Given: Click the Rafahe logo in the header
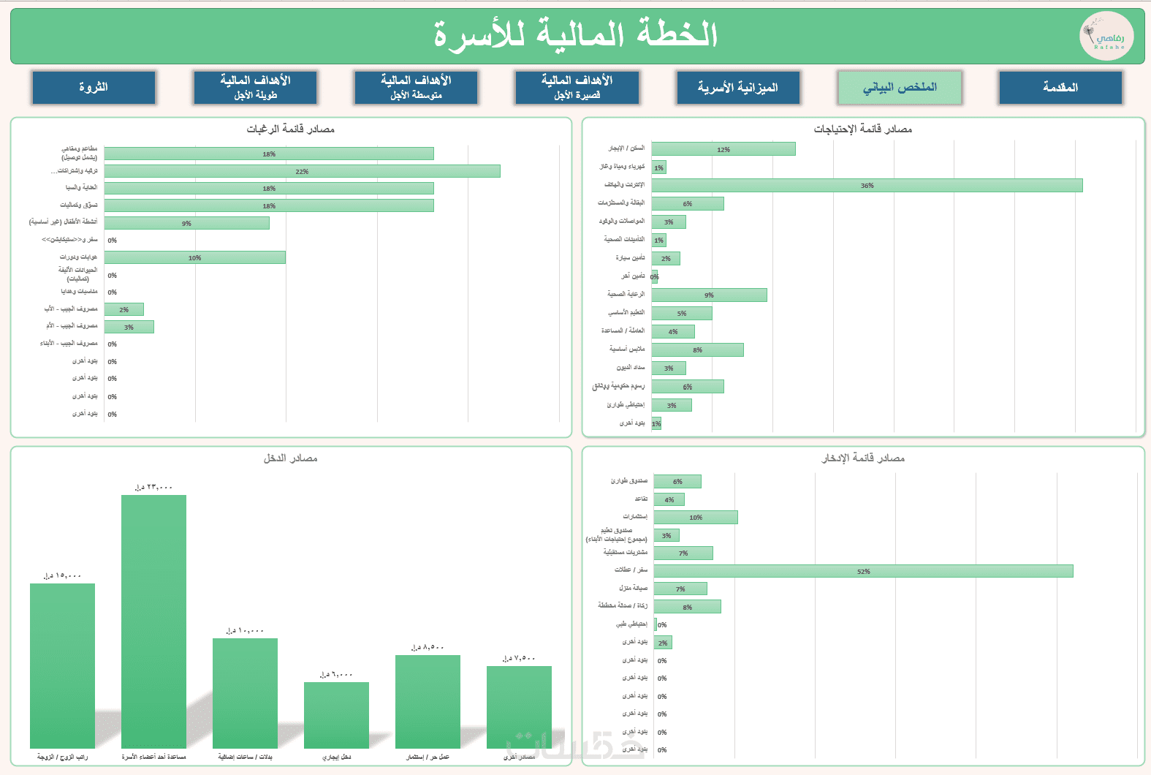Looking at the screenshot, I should pos(1106,37).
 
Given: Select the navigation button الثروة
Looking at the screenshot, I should pos(94,88).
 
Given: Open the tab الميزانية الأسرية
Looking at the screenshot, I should pos(738,88).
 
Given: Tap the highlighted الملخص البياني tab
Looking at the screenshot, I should pos(900,88).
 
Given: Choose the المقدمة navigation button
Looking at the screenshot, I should pos(1060,88).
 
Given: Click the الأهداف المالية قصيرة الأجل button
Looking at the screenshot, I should pos(577,88).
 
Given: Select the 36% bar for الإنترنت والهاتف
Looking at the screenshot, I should pos(867,186).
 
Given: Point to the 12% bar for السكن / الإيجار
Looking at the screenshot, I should pos(723,149).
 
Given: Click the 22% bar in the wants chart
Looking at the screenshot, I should pos(302,171).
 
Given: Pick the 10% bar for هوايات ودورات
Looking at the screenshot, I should pos(194,257).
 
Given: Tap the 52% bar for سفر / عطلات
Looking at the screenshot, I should pos(863,571).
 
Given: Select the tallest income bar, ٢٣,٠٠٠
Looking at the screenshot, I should pos(153,621).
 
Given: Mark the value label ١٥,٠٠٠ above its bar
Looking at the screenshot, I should pos(62,576).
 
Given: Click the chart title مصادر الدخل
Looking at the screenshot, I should pos(291,458).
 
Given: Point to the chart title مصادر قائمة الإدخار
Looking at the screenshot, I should pos(863,458).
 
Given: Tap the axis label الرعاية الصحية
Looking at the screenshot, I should pos(626,294).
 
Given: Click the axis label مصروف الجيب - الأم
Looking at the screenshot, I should pos(72,326).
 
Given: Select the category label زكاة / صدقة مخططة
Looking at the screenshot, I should pos(623,605).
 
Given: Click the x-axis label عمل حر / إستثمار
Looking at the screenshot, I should pos(428,757).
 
